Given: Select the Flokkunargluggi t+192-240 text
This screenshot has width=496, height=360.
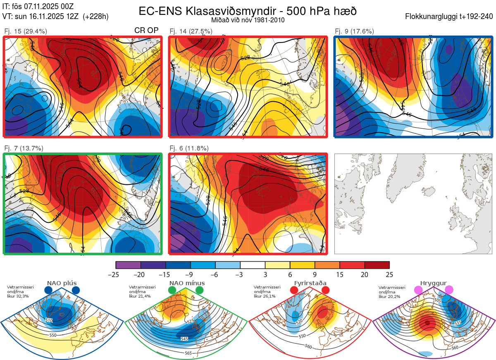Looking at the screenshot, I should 450,17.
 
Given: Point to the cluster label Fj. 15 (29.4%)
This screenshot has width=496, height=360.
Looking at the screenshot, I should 26,31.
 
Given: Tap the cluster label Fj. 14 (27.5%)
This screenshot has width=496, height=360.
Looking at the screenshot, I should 191,31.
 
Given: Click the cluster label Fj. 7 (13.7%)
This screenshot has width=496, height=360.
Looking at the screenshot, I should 24,148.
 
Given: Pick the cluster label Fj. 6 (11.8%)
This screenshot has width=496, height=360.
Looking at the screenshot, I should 189,148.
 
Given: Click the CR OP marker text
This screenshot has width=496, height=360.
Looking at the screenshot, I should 147,31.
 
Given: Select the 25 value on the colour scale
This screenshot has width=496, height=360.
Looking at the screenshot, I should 389,275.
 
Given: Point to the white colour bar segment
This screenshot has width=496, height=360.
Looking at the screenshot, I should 253,265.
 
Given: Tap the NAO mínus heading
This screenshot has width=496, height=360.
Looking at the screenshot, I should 186,283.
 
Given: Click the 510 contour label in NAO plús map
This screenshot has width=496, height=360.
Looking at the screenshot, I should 49,320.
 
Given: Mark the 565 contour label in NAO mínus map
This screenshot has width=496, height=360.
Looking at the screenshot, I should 188,353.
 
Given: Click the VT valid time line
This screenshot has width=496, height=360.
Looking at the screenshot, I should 55,17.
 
